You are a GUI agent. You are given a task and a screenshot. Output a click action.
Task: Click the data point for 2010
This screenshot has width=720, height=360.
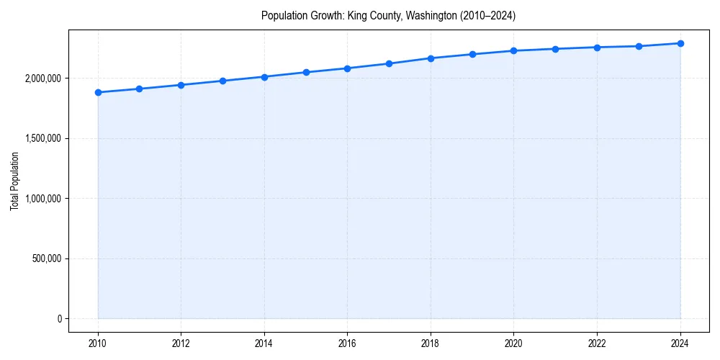[98, 92]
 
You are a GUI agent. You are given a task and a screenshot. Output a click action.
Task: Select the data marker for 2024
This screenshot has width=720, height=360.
[680, 43]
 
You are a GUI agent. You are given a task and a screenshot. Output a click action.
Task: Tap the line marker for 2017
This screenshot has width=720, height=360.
[389, 63]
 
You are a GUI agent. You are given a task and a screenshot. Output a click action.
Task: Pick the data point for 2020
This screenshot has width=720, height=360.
[513, 50]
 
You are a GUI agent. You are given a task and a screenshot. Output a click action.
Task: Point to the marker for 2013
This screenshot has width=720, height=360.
[222, 81]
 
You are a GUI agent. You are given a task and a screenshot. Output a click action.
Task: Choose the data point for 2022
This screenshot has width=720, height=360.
[597, 48]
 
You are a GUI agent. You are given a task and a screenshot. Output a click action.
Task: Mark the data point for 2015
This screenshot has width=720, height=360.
[306, 72]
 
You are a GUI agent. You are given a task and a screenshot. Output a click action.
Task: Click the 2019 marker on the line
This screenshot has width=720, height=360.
[472, 54]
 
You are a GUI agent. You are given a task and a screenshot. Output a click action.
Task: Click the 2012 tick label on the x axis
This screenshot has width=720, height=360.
[181, 343]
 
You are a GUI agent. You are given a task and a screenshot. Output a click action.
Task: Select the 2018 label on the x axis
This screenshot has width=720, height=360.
[431, 343]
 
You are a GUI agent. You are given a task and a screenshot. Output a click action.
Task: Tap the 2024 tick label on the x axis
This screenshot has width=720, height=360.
[680, 343]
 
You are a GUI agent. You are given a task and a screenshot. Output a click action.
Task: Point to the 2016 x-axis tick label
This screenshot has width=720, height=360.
[347, 343]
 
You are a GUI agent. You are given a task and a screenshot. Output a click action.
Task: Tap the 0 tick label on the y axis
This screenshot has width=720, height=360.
[60, 318]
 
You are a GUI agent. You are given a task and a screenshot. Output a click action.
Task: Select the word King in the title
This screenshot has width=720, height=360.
[356, 15]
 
